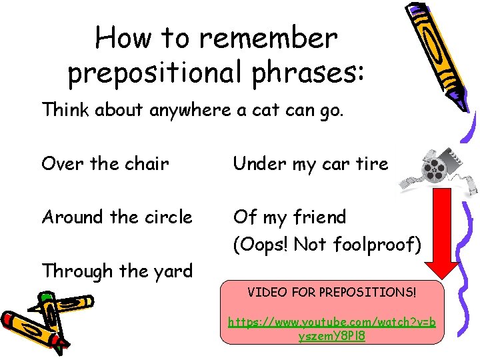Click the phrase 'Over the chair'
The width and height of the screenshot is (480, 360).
105,163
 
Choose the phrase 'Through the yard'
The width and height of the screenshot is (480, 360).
117,271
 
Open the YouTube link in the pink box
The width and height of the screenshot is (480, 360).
332,329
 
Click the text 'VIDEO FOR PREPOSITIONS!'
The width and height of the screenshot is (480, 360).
332,292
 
